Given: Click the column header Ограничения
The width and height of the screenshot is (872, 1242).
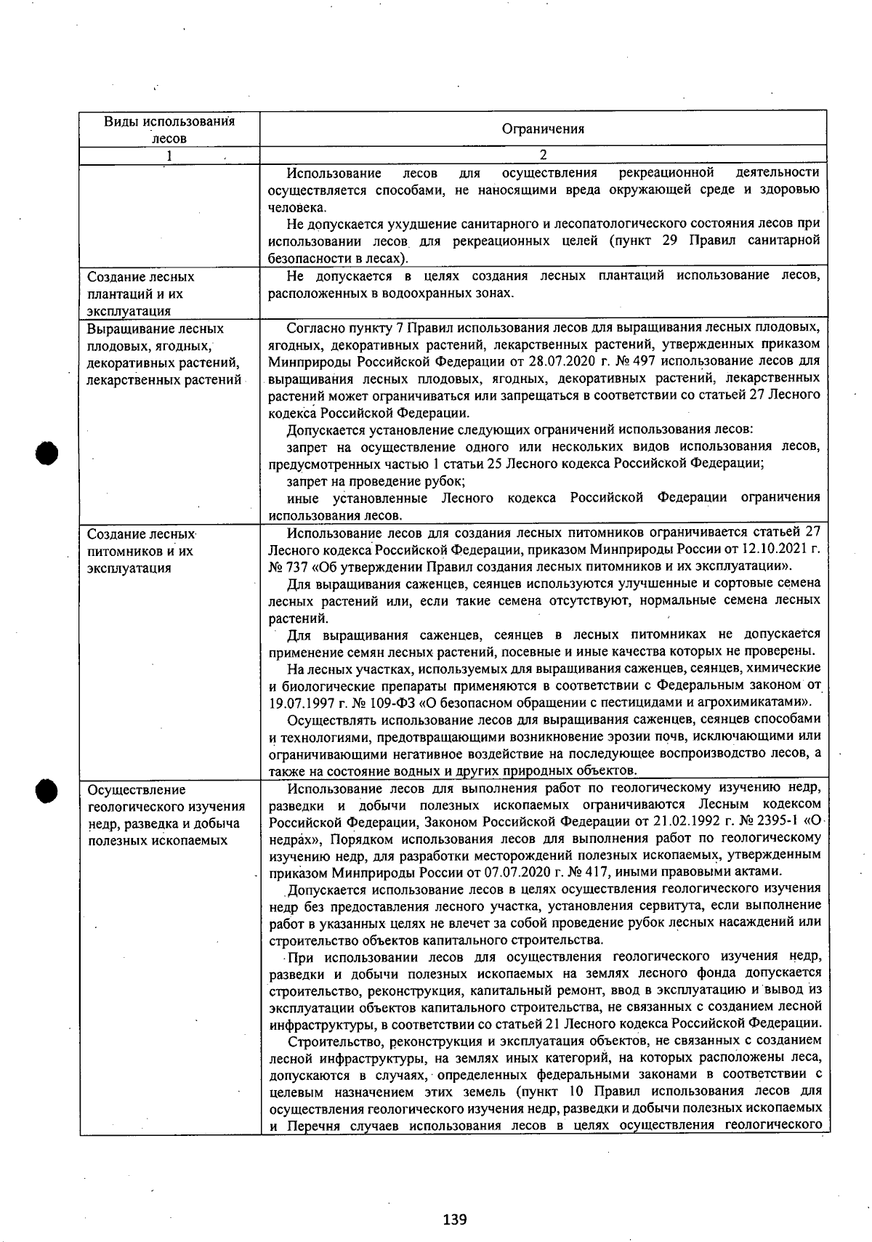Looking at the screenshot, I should coord(543,129).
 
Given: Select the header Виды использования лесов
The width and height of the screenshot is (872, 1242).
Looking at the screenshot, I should coord(169,129).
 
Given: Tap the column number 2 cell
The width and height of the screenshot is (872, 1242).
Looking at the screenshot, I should coord(543,155).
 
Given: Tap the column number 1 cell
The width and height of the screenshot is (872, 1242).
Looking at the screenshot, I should coord(169,156).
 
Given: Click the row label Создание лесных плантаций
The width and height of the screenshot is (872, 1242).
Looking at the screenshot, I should coord(141,294).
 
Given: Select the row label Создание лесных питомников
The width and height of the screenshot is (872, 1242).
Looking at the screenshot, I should coord(142,550).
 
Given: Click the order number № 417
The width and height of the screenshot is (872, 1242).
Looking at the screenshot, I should coord(599,871).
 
